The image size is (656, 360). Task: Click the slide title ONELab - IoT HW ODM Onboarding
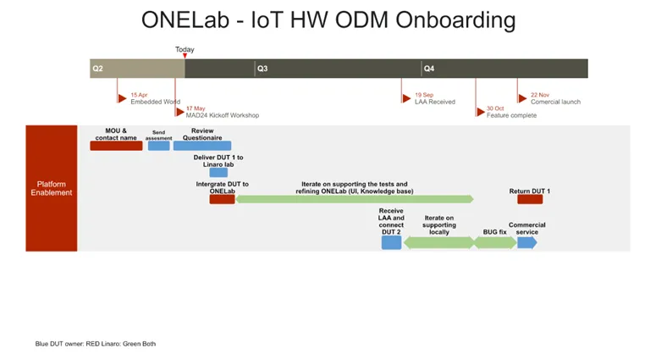click(328, 19)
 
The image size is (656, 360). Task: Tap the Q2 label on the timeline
click(97, 69)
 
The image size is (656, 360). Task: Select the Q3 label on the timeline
click(262, 69)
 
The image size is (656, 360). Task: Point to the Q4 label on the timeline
click(429, 69)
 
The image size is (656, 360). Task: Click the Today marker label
click(185, 50)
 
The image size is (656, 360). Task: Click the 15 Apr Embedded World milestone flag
click(122, 98)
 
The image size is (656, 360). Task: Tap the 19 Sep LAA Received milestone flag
click(406, 98)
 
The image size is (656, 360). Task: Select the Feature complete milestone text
click(511, 115)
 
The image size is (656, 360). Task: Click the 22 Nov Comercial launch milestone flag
click(521, 98)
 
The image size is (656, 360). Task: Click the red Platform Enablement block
click(52, 188)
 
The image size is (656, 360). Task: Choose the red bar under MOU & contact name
click(116, 146)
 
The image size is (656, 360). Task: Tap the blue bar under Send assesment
click(158, 146)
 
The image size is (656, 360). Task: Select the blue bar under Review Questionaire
click(202, 146)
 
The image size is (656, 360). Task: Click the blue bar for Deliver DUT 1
click(218, 172)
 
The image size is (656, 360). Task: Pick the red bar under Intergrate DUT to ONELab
click(222, 199)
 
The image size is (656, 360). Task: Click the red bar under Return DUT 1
click(530, 199)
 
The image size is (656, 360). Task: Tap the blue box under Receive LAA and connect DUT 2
click(391, 242)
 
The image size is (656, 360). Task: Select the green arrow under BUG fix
click(495, 242)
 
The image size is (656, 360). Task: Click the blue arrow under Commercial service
click(526, 242)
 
